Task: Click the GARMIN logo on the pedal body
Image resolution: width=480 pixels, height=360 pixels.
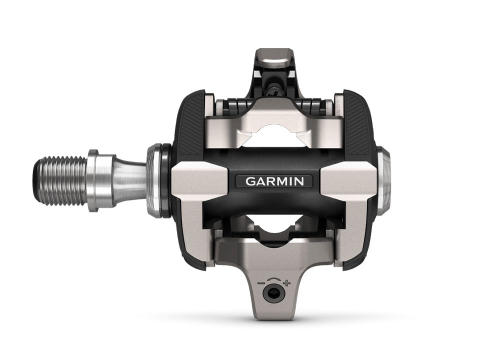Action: [x=274, y=181]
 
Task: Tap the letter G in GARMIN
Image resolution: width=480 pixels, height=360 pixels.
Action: [x=250, y=181]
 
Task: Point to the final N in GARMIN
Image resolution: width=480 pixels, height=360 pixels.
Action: [x=299, y=181]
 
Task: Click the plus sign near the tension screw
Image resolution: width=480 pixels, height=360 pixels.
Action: [x=286, y=283]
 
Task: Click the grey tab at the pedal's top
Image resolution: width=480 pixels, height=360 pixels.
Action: [x=273, y=57]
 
